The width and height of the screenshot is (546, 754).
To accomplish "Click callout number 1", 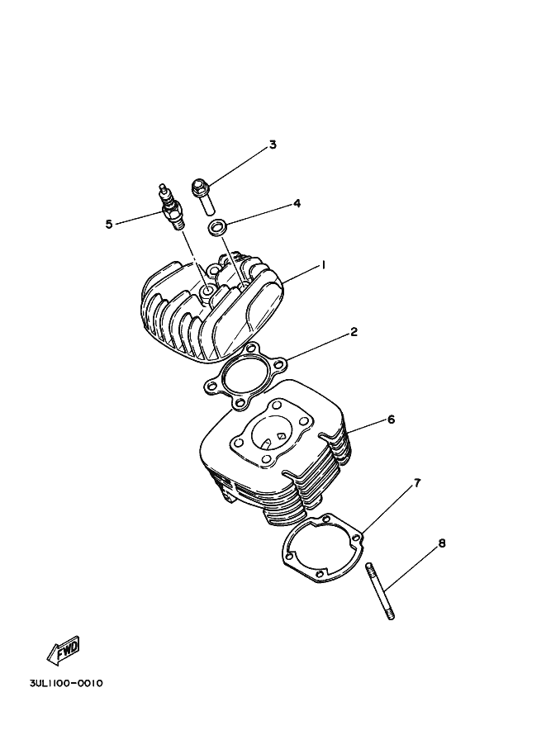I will pyautogui.click(x=324, y=265).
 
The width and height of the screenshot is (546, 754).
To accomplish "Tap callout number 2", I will pyautogui.click(x=354, y=332).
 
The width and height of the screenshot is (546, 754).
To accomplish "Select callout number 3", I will pyautogui.click(x=273, y=145).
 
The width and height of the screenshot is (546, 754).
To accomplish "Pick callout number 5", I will pyautogui.click(x=109, y=224).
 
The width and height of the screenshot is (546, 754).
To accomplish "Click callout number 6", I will pyautogui.click(x=391, y=420).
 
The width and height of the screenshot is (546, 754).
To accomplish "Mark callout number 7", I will pyautogui.click(x=417, y=482).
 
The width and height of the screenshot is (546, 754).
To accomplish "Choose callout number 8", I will pyautogui.click(x=442, y=543).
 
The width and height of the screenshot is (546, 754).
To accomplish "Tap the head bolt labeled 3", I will pyautogui.click(x=203, y=192).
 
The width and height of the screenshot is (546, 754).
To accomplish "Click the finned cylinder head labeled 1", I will pyautogui.click(x=211, y=310).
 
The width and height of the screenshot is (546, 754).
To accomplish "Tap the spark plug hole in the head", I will pyautogui.click(x=204, y=291).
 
